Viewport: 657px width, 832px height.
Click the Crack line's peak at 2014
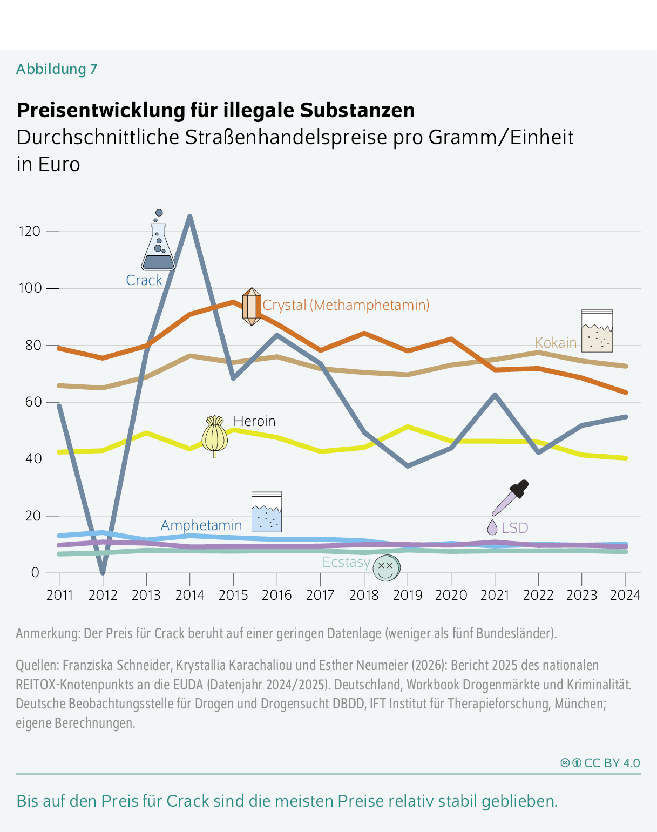(190, 217)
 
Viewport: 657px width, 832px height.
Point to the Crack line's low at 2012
(103, 572)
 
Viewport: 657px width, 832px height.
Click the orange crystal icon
(251, 307)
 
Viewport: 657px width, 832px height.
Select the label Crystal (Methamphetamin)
(346, 305)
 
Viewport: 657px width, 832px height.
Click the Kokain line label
(555, 343)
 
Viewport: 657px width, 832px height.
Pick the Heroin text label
(254, 421)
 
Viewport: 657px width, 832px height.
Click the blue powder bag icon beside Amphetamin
(267, 511)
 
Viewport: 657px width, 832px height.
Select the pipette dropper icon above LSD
(511, 497)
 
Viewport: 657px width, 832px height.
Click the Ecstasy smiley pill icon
(386, 567)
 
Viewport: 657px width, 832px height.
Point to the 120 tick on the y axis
(30, 232)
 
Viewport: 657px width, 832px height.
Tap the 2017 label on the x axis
(321, 595)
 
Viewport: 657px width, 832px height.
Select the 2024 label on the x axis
(625, 595)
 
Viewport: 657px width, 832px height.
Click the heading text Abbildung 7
(57, 69)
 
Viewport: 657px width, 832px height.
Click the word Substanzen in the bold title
(357, 110)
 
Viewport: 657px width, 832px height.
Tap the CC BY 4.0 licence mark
(600, 763)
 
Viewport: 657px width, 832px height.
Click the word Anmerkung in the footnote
(48, 633)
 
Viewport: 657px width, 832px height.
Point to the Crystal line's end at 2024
(625, 393)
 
